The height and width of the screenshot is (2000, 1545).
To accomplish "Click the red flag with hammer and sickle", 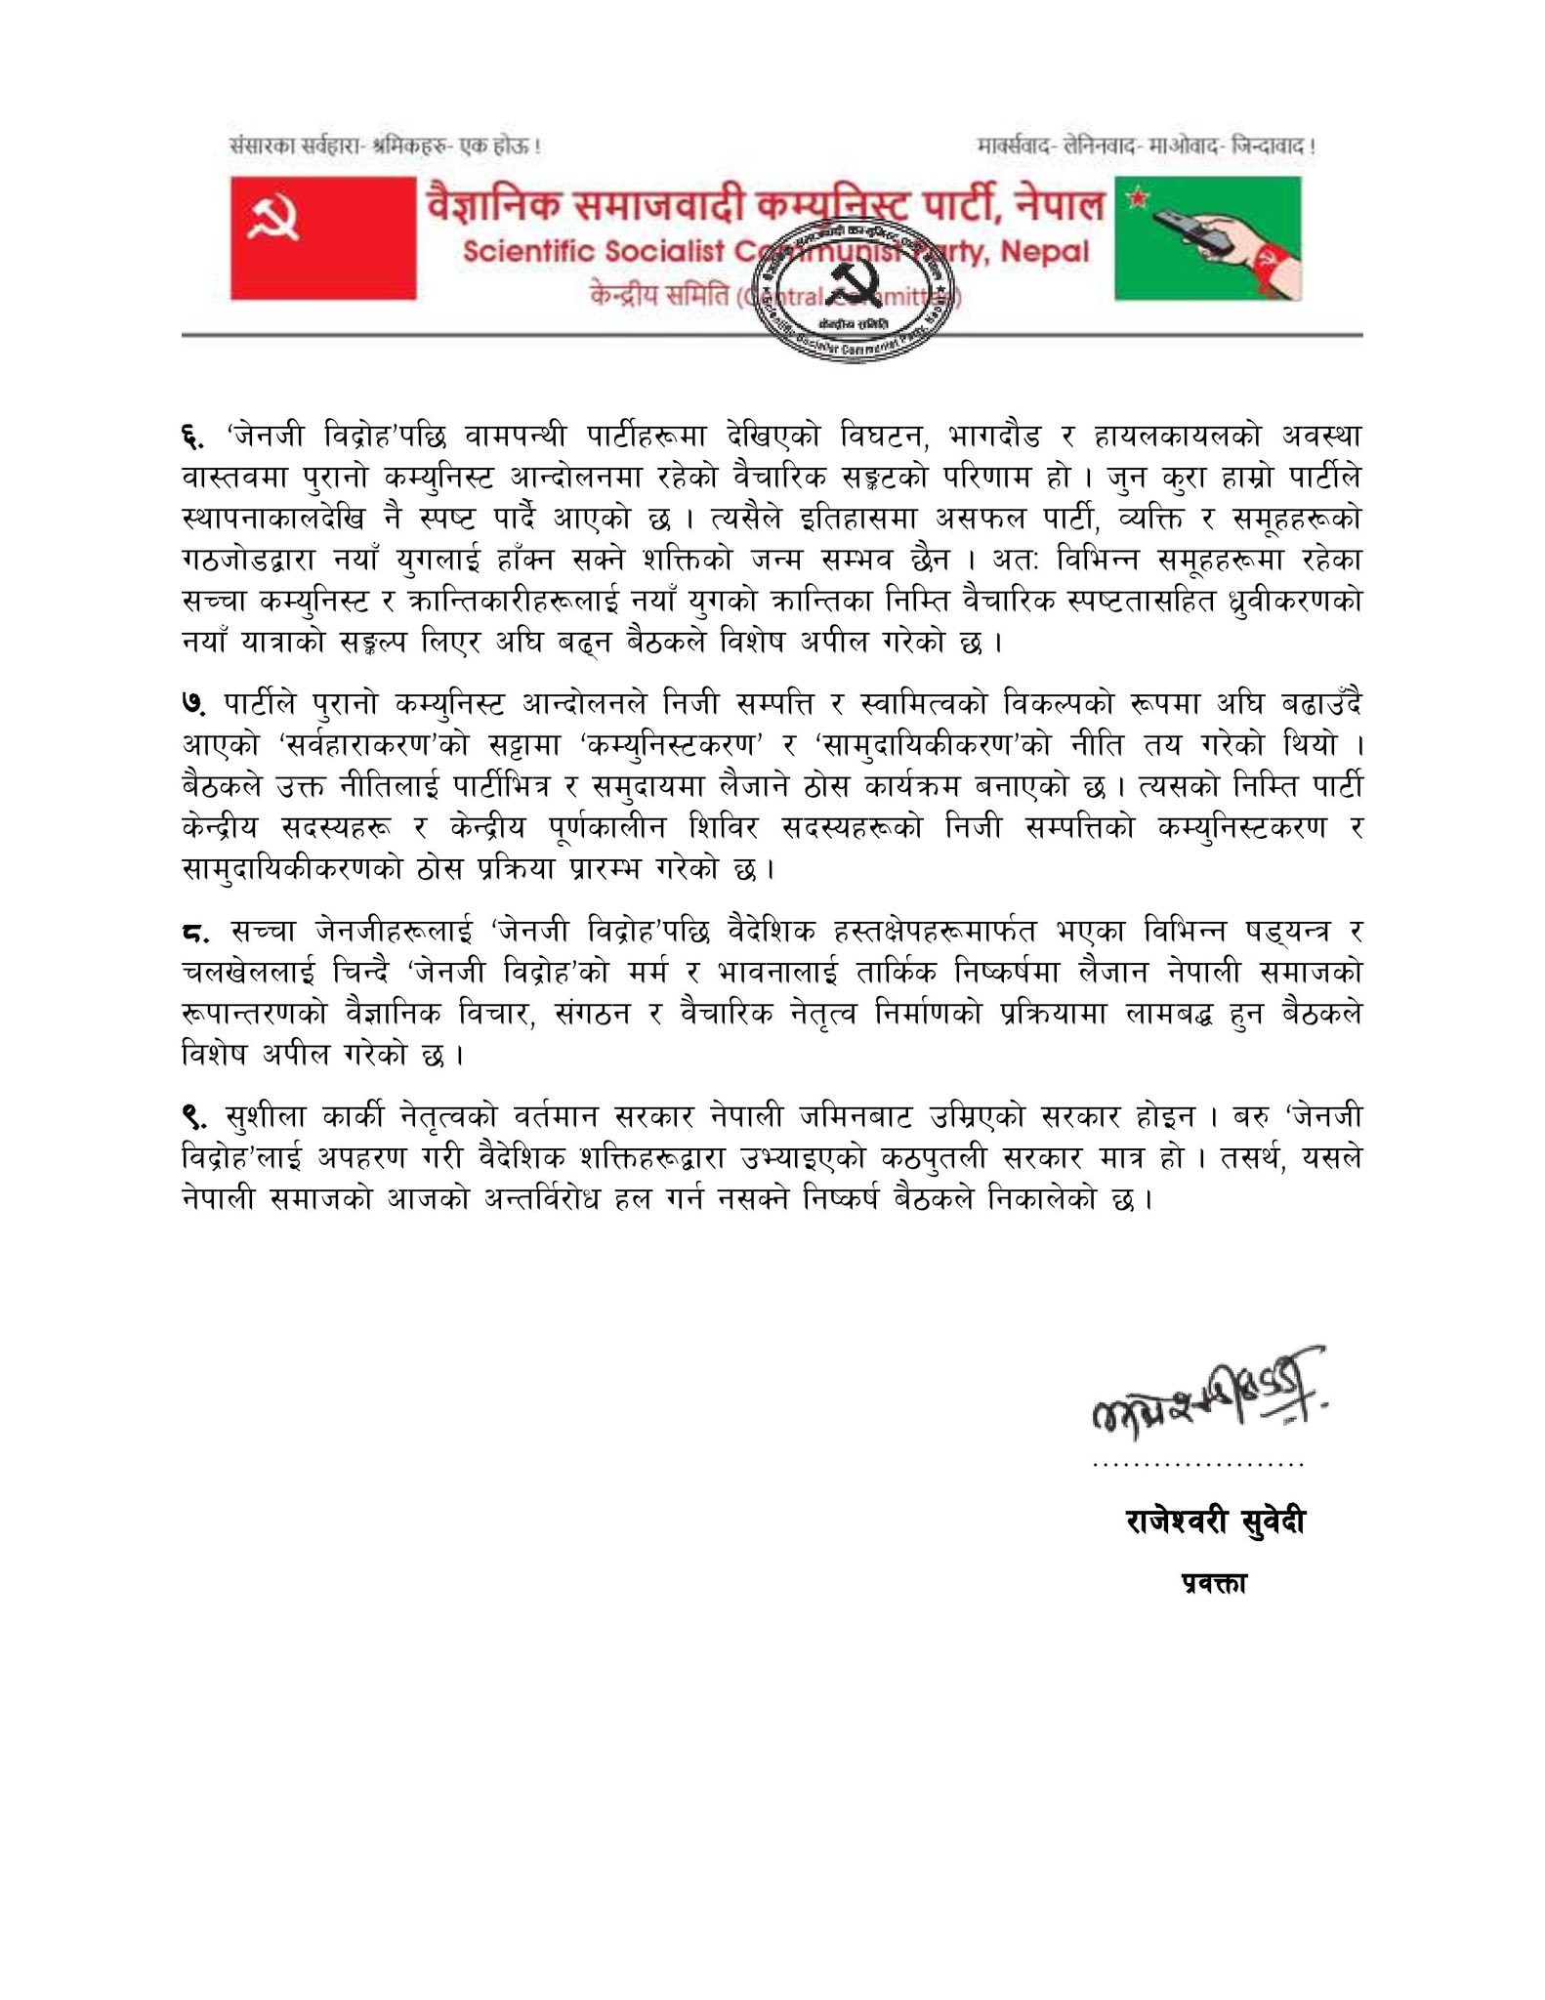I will pos(323,237).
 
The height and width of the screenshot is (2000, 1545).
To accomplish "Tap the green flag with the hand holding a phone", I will pos(1208,237).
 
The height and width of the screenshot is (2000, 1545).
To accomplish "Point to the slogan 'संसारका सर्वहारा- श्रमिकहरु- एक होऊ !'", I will pos(385,147).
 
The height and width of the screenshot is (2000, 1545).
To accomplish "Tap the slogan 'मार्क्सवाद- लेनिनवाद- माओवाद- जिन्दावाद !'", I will pos(1146,147).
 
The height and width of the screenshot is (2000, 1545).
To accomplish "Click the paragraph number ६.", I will pos(192,434).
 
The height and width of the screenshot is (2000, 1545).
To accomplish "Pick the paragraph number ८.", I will pos(195,934).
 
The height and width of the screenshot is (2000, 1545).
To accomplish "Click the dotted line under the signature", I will pos(1199,1465).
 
